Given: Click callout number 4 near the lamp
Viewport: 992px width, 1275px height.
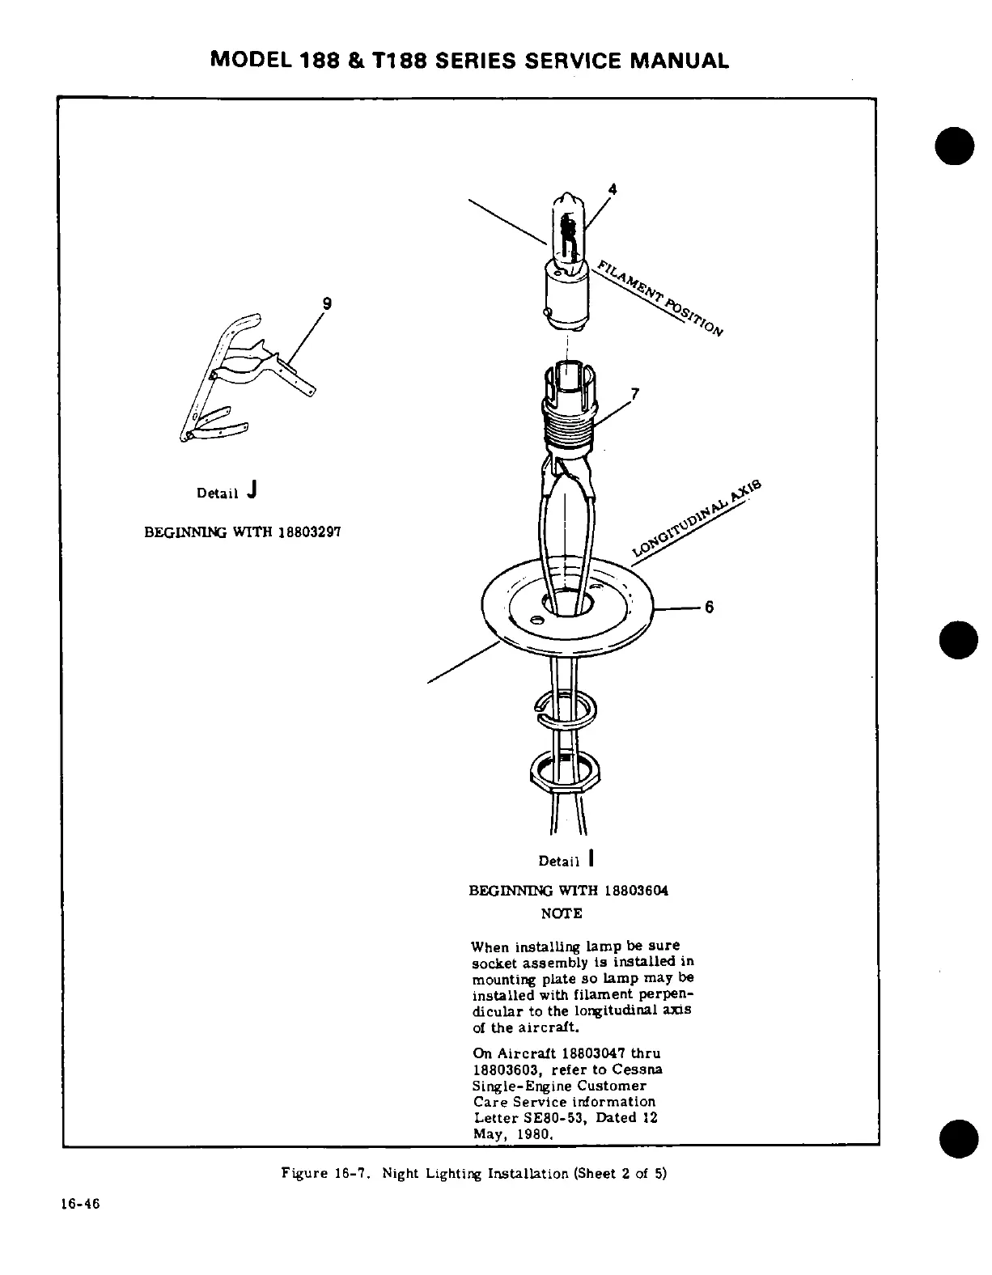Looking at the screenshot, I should [613, 188].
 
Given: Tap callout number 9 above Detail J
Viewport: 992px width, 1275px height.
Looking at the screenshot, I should [327, 303].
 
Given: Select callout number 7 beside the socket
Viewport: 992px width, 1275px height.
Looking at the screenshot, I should [635, 395].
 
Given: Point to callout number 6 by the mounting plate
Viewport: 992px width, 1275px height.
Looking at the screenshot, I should [709, 607].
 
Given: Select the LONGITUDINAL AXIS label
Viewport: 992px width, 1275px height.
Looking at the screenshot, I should [697, 519].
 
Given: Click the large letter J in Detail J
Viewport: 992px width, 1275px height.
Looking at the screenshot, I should [253, 489].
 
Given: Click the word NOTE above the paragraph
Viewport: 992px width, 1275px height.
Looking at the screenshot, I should [561, 913].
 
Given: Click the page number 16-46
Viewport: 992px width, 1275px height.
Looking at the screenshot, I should [79, 1203].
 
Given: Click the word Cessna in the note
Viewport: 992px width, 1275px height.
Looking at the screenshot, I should [644, 1070].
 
